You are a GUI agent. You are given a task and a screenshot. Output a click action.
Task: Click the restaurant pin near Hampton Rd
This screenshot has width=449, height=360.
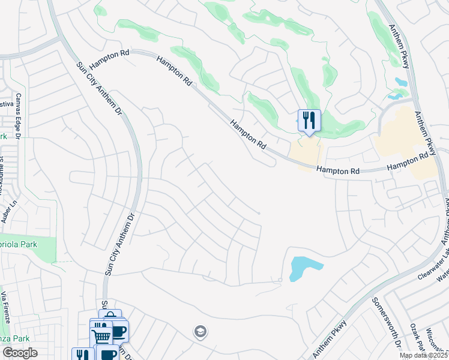coord(309,121)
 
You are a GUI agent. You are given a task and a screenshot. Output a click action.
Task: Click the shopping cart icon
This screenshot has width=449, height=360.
coord(101,335)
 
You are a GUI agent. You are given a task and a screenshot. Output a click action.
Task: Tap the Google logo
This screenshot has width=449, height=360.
coord(20,352)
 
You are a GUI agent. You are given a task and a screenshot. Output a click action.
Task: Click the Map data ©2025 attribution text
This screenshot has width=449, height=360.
coord(423,355)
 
